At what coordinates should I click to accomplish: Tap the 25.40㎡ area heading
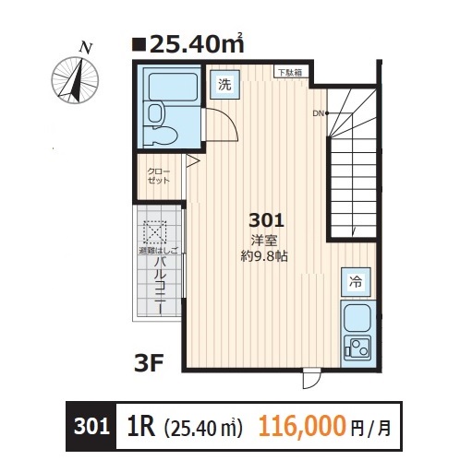(189, 43)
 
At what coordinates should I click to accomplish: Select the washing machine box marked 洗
(225, 83)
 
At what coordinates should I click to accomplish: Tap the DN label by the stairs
(318, 113)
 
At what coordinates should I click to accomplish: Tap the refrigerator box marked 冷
(355, 280)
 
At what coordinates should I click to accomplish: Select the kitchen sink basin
(356, 320)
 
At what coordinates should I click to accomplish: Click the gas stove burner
(356, 348)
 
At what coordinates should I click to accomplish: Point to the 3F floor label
(149, 362)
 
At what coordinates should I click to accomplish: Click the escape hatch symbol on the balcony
(154, 231)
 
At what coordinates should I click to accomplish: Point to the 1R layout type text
(139, 427)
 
